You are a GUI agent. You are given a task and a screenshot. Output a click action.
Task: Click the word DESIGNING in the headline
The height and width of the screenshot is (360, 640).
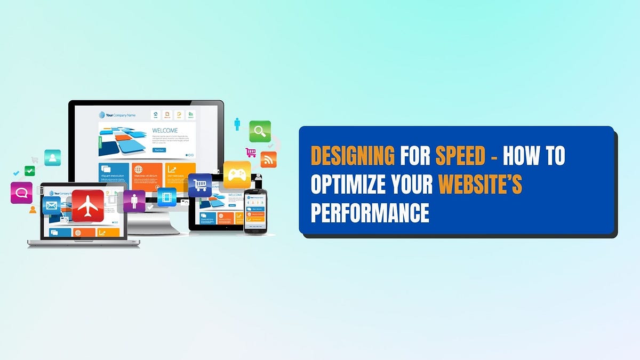[x=352, y=156]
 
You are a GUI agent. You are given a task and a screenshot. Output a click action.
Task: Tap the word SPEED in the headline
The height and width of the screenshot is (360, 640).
[x=460, y=156]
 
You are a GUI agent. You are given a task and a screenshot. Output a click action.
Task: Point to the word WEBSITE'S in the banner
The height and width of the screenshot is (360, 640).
[x=480, y=185]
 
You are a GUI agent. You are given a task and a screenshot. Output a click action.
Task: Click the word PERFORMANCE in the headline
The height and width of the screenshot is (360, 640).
[x=370, y=213]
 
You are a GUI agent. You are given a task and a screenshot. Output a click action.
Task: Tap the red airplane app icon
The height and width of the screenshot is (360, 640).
[x=87, y=205]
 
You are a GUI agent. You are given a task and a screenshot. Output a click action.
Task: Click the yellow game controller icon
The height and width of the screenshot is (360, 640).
[x=237, y=174]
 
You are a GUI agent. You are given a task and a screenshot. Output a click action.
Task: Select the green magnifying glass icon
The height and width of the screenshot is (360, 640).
[x=260, y=131]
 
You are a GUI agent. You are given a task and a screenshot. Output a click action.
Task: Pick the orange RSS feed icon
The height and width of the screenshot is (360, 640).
[x=268, y=159]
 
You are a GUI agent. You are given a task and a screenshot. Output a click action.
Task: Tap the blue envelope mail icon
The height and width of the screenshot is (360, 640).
[x=52, y=205]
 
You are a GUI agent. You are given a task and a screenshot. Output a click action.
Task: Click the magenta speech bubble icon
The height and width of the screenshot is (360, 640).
[x=21, y=193]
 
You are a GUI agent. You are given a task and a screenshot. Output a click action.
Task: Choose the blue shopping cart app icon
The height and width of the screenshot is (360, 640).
[x=200, y=185]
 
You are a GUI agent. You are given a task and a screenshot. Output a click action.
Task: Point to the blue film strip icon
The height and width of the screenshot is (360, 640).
[x=167, y=197]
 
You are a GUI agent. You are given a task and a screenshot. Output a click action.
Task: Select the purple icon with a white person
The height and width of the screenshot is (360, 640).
[x=134, y=201]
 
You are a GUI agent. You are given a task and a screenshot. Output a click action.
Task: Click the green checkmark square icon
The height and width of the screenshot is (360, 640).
[x=30, y=171]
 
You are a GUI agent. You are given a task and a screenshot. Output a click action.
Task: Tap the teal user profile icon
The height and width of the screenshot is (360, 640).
[x=52, y=157]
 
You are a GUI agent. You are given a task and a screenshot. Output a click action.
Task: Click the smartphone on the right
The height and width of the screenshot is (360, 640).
[x=255, y=211]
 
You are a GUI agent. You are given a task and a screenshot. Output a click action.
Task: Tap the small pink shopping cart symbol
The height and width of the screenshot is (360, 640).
[x=251, y=152]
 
